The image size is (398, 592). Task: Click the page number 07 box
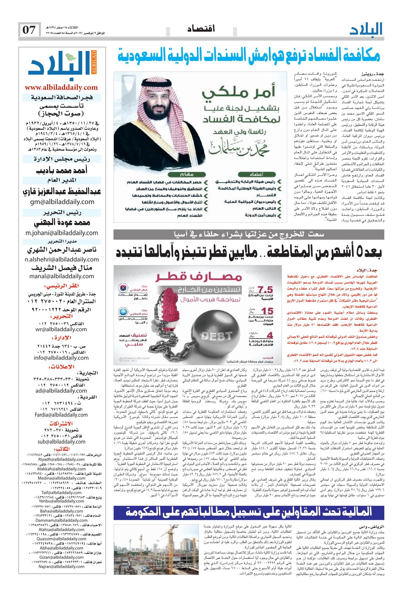pyautogui.click(x=29, y=30)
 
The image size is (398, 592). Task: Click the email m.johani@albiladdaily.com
pyautogui.click(x=62, y=233)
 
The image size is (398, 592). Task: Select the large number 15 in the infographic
pyautogui.click(x=268, y=311)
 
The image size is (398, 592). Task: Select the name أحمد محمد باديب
pyautogui.click(x=62, y=171)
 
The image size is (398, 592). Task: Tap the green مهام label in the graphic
pyautogui.click(x=189, y=174)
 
